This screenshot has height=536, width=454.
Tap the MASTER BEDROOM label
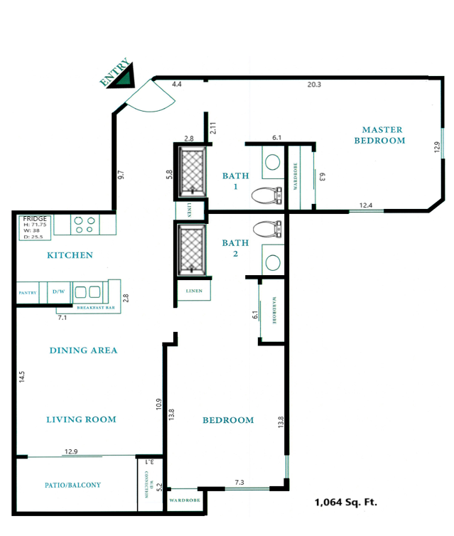(x=382, y=135)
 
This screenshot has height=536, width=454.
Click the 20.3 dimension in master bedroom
(x=314, y=85)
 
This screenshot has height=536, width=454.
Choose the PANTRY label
(x=28, y=292)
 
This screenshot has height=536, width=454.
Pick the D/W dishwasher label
(x=58, y=291)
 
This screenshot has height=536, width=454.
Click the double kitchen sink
(x=87, y=291)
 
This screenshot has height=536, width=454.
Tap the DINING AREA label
(x=83, y=350)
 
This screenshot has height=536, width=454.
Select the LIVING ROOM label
(x=81, y=419)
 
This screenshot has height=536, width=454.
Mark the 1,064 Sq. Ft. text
(x=345, y=502)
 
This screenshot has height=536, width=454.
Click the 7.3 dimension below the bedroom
(x=239, y=483)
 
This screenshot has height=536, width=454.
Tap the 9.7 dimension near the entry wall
(x=120, y=174)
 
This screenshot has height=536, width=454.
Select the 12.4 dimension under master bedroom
(x=366, y=205)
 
